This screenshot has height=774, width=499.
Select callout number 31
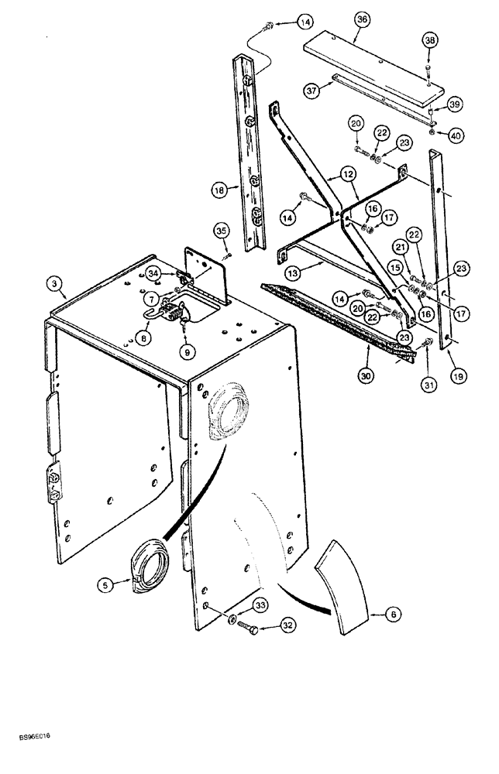pos(427,378)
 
